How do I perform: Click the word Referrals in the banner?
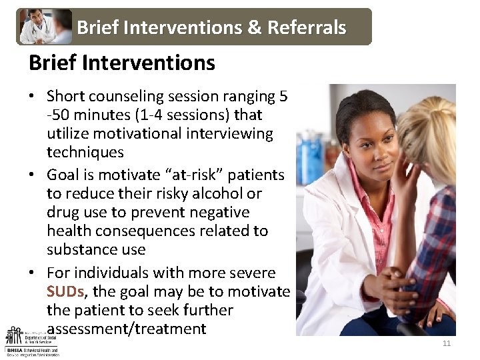pos(307,27)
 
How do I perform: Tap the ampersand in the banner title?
pos(256,27)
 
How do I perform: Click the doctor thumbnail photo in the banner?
pos(45,27)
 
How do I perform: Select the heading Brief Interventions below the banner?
pos(122,63)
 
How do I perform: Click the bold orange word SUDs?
pos(65,291)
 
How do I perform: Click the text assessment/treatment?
pos(127,329)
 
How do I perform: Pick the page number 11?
pos(447,343)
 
